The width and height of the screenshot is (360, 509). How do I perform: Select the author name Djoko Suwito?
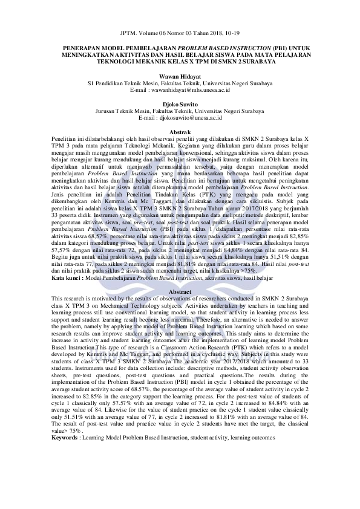[180, 104]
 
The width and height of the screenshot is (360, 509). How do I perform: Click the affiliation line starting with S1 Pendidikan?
[180, 83]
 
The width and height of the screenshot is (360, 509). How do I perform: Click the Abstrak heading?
[180, 132]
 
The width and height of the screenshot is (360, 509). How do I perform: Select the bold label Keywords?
[65, 437]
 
